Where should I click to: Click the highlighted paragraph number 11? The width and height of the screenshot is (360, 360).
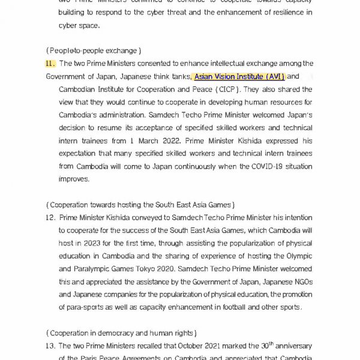pyautogui.click(x=50, y=64)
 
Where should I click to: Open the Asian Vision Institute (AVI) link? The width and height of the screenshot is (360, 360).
pyautogui.click(x=239, y=77)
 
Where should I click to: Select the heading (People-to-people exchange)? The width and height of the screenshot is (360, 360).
pyautogui.click(x=94, y=50)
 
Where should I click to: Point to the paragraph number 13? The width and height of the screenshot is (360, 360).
pyautogui.click(x=50, y=346)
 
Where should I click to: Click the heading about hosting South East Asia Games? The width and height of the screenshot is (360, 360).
pyautogui.click(x=140, y=205)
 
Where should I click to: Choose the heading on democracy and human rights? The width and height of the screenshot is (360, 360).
pyautogui.click(x=121, y=333)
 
